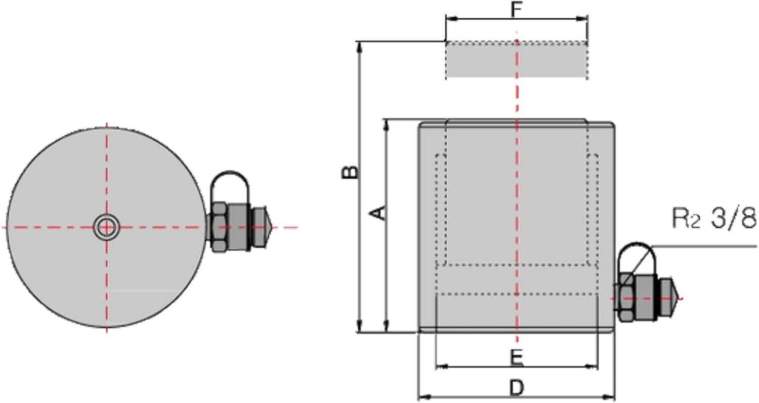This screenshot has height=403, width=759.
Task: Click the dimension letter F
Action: tap(516, 10)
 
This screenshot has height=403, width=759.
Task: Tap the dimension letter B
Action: tap(349, 172)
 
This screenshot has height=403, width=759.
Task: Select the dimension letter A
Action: tap(377, 213)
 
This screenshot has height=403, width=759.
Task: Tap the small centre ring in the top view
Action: tap(106, 227)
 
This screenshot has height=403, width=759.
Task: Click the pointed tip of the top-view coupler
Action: tap(272, 227)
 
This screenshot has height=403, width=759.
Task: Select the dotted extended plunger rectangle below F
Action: tap(517, 60)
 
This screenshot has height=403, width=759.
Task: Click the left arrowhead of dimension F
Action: tap(451, 19)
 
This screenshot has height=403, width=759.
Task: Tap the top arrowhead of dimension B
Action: tap(360, 48)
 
